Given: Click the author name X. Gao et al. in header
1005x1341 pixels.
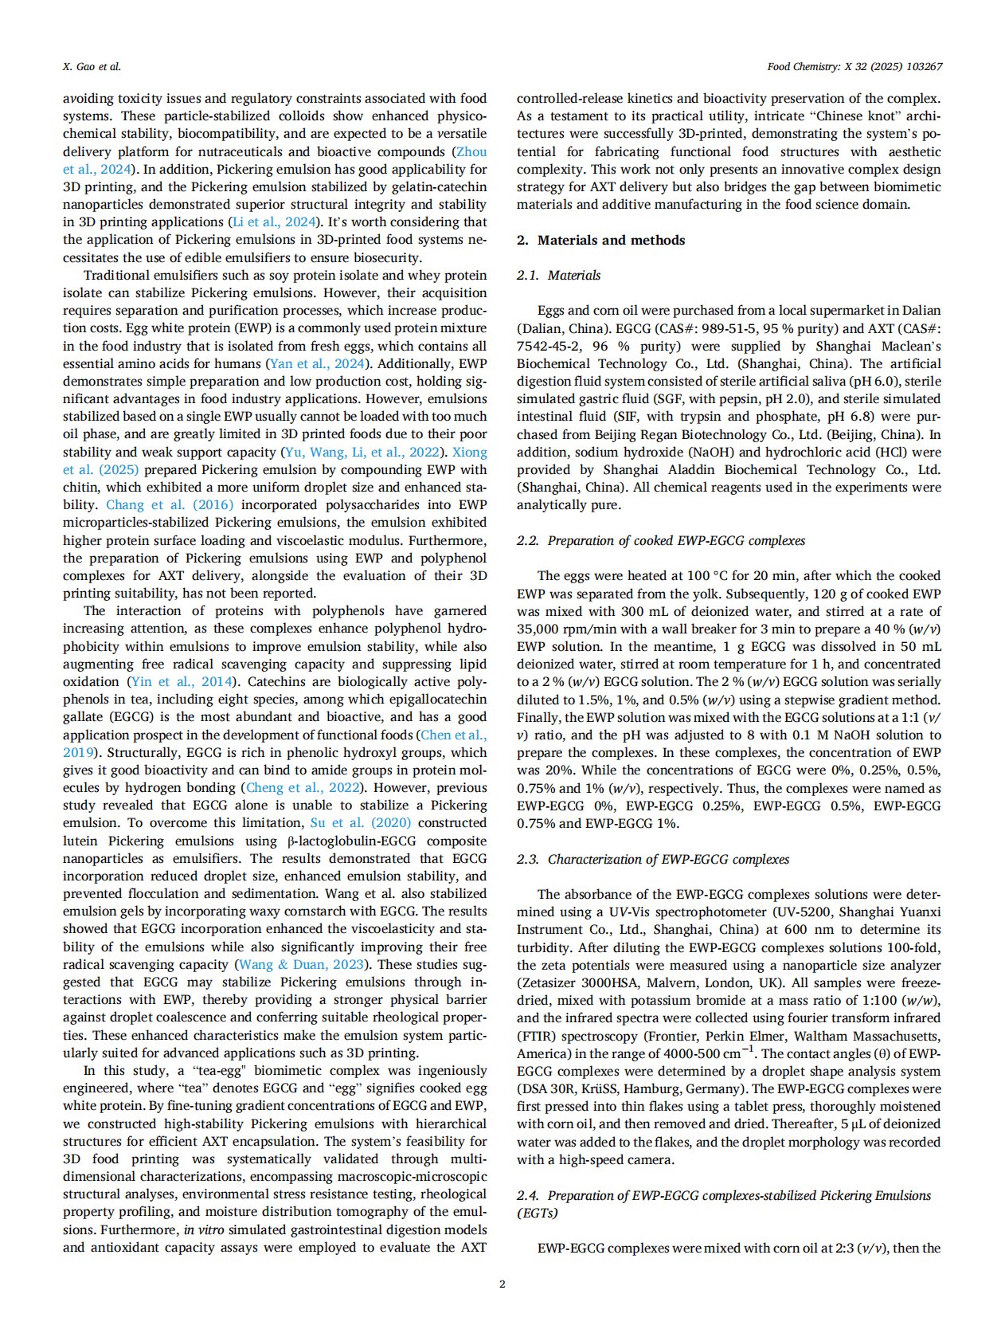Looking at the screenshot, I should pyautogui.click(x=92, y=67).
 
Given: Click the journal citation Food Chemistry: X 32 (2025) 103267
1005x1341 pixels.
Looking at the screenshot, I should pyautogui.click(x=854, y=67).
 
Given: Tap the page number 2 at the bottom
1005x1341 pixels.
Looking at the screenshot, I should pyautogui.click(x=502, y=1284).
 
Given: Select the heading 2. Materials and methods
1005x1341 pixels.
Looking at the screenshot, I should pyautogui.click(x=600, y=240).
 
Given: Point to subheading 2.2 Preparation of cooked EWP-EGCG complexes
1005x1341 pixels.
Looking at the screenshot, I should pyautogui.click(x=661, y=540).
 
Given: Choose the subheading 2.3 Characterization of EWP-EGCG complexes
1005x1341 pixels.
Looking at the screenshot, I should pyautogui.click(x=653, y=859).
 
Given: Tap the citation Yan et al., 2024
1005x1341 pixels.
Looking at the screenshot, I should pyautogui.click(x=317, y=363).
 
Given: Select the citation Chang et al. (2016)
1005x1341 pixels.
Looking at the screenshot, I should pyautogui.click(x=170, y=505).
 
